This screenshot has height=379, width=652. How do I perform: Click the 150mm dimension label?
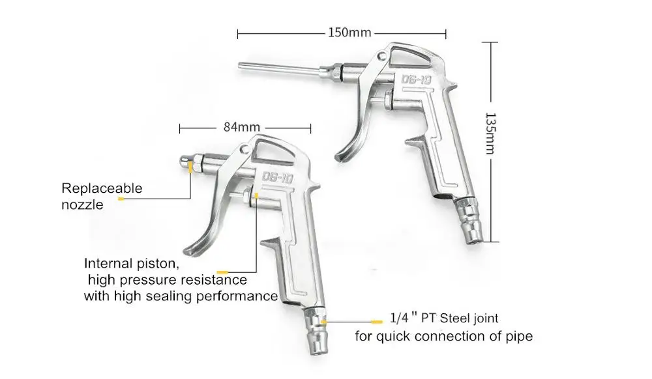(x=349, y=33)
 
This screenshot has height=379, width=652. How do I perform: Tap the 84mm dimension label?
(x=242, y=127)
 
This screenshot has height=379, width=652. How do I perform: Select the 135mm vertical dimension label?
(x=491, y=133)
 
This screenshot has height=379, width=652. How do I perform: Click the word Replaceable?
(x=102, y=188)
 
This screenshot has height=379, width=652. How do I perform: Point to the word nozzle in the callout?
(x=82, y=204)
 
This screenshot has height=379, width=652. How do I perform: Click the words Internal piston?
(x=132, y=264)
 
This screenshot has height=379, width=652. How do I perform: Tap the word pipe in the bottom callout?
(x=518, y=336)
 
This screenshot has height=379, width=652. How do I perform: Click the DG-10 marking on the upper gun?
(x=416, y=79)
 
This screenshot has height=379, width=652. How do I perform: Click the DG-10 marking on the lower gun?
(x=278, y=178)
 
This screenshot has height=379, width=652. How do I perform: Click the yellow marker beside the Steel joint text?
(x=377, y=322)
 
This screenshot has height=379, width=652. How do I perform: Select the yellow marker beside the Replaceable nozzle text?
(x=121, y=199)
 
